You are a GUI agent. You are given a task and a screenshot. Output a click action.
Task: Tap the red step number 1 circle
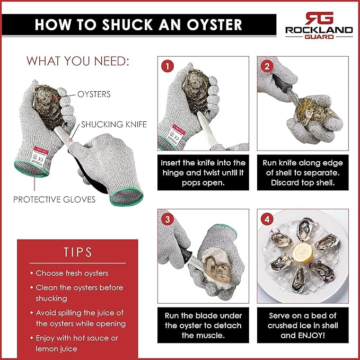point(168,67)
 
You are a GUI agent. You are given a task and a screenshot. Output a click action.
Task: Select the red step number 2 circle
point(267,67)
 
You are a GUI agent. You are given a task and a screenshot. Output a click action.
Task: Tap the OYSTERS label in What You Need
point(94,94)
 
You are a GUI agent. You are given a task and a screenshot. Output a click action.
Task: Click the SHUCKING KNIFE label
point(113,125)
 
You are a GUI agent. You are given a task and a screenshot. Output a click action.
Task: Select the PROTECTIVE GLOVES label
point(55,199)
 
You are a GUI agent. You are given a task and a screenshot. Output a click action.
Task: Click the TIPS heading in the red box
point(77,252)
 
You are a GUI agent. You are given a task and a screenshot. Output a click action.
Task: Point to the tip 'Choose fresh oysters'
point(72,273)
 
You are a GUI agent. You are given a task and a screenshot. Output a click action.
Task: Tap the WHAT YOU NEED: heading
point(78,61)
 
